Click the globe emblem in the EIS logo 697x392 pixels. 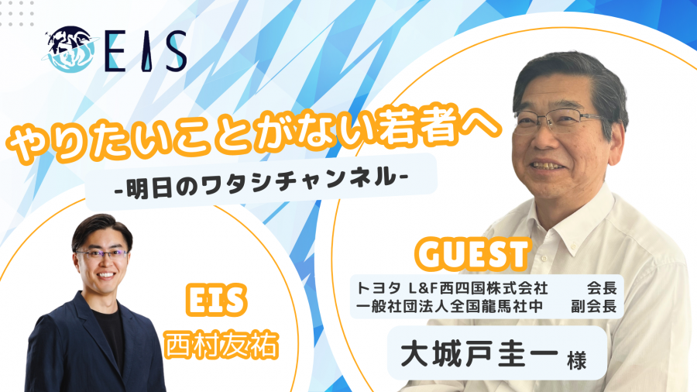pos(69,49)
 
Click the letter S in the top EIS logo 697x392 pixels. pos(175,51)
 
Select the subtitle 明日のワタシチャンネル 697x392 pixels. pos(262,181)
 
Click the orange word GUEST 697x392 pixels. pos(473,254)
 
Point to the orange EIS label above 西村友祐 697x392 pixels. pos(216,300)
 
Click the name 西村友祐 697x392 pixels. pos(221,344)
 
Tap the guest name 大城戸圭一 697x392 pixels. pos(479,353)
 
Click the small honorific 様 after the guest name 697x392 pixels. pos(577,359)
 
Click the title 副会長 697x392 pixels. pos(594,306)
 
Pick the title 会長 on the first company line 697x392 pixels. pos(602,288)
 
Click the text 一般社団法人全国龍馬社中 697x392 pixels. pos(449,306)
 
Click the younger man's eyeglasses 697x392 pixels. pos(102,254)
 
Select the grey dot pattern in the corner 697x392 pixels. pos(17,13)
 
